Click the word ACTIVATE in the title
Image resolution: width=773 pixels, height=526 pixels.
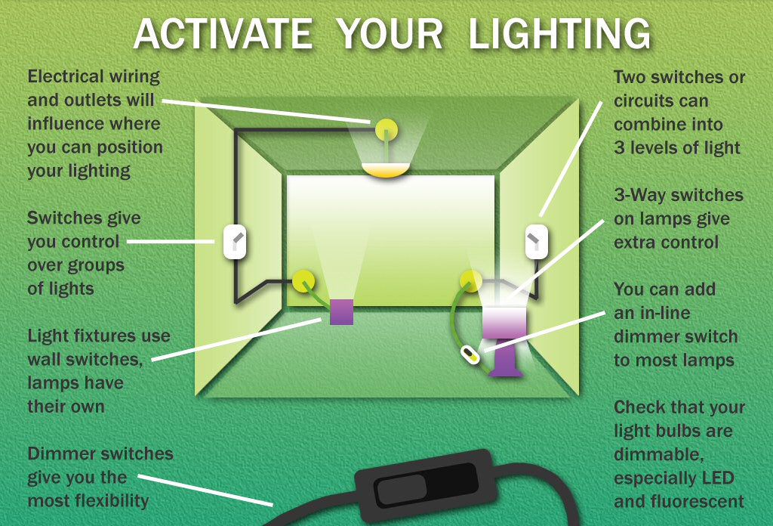point(223,34)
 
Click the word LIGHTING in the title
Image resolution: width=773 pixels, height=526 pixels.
point(559,34)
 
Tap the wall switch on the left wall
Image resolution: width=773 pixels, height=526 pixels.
point(236,242)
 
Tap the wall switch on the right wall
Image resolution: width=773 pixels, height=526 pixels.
point(536,242)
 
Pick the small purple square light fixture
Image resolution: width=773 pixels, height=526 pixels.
point(341,311)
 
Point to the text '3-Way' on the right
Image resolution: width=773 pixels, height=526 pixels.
point(639,195)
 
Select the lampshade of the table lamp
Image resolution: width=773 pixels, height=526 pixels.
point(504,322)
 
